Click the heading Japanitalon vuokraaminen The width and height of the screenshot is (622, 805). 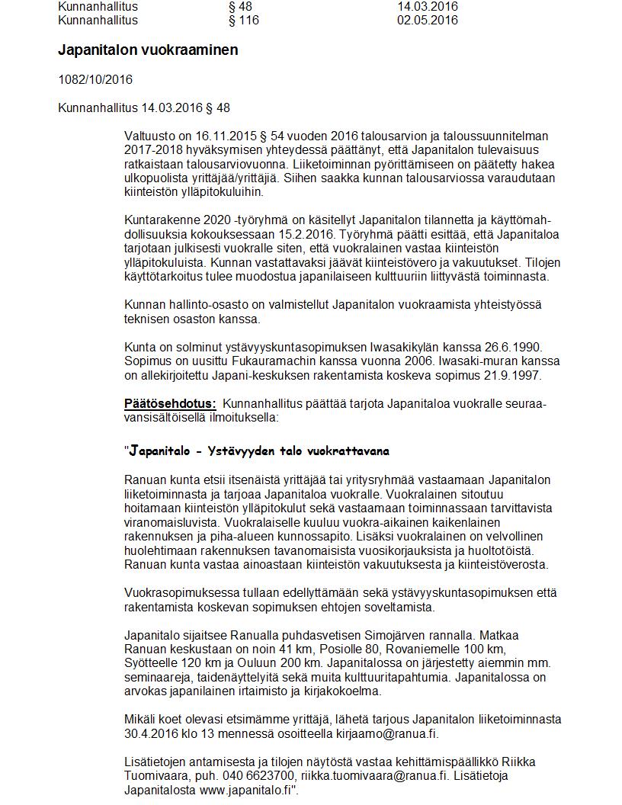[x=148, y=50]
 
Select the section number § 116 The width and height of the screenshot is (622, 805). [x=243, y=20]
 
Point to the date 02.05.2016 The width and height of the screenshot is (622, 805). [x=427, y=20]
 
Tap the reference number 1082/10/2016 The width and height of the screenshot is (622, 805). [x=95, y=79]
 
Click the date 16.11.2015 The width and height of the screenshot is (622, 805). [x=217, y=136]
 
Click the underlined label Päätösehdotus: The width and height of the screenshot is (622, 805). [x=170, y=403]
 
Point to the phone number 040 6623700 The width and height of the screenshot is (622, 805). [x=244, y=775]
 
